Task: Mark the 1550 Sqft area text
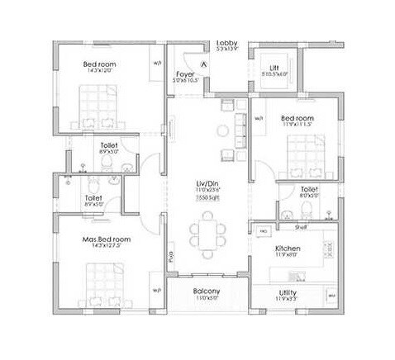point(207,198)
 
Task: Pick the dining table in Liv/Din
point(207,231)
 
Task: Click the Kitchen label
point(288,248)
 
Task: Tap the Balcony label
point(207,291)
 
